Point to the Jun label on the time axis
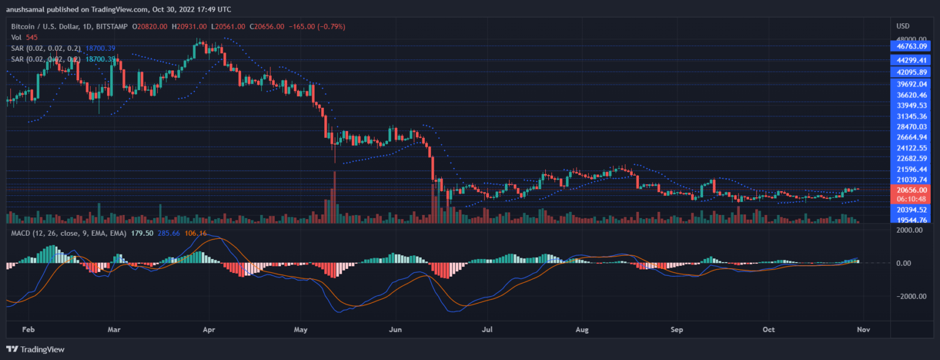click(x=395, y=329)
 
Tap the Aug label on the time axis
click(x=582, y=329)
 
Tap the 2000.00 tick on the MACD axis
click(x=910, y=230)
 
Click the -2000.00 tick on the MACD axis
click(x=908, y=296)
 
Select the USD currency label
click(x=903, y=26)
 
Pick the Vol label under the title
click(x=17, y=37)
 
